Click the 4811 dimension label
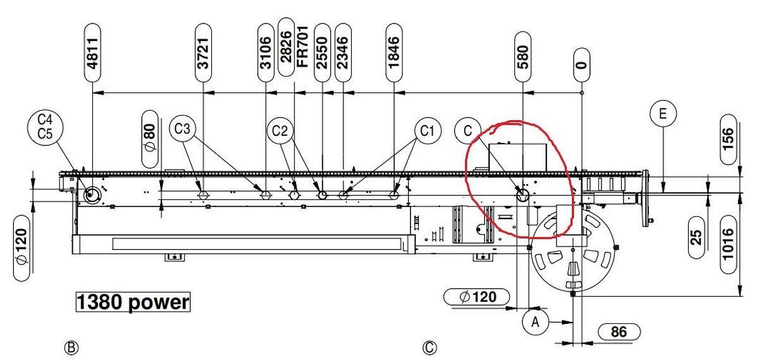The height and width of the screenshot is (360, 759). point(92,53)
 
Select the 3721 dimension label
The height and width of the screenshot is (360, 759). point(203,53)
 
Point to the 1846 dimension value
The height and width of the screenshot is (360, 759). point(394,53)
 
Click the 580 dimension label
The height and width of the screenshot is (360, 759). point(523,56)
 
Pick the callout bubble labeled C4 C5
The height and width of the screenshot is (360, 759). point(45,127)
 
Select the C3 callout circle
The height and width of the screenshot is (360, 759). point(182,129)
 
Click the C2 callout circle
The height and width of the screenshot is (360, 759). point(280,131)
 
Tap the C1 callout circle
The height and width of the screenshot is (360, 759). point(428,130)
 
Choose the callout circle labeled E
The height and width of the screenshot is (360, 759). point(663,113)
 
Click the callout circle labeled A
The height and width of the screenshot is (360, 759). point(535,321)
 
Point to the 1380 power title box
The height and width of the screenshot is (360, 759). point(133,302)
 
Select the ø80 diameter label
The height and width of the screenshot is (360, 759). point(150,139)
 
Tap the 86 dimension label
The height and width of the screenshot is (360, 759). point(619,332)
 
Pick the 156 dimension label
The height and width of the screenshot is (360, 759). point(728,139)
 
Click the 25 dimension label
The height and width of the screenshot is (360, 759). point(696,238)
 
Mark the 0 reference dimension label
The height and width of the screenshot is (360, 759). point(582,65)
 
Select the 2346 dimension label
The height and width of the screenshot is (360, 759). point(343,53)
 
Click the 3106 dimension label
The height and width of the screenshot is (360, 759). point(266,53)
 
